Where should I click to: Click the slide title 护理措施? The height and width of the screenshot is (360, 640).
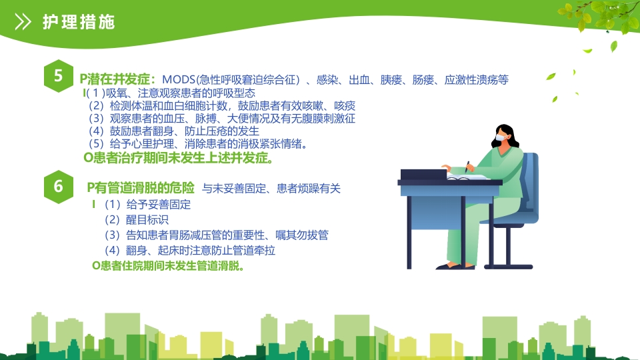78,22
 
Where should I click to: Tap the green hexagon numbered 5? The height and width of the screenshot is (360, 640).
59,77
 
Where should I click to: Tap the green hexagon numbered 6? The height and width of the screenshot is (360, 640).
59,187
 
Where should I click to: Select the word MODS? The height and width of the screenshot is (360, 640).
179,80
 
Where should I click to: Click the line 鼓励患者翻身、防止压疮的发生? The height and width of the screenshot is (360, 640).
174,131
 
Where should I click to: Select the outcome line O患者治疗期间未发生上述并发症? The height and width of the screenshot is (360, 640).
178,159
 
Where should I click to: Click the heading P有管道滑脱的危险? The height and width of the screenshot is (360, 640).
141,187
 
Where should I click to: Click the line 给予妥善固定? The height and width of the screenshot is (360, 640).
147,205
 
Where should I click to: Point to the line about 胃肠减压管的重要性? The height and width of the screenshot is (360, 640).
216,235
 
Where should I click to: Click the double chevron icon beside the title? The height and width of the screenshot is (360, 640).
23,22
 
